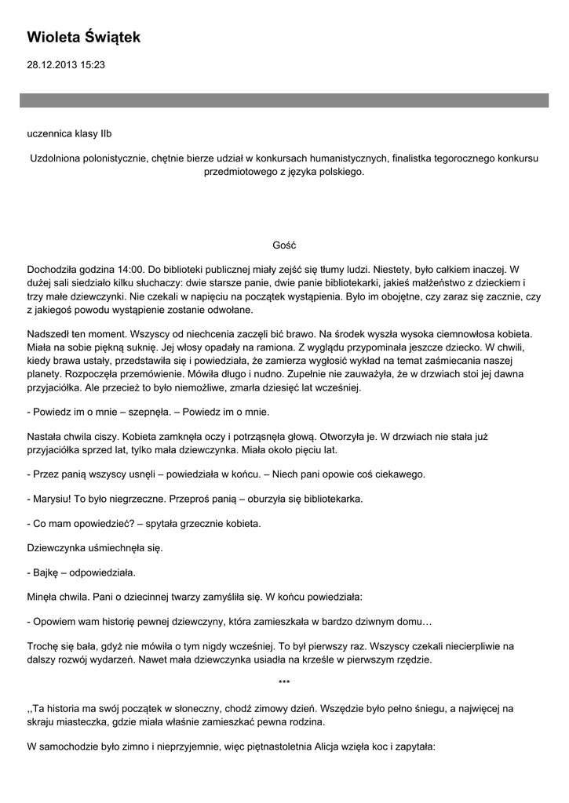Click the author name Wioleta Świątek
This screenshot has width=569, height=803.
83,38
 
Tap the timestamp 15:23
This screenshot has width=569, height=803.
91,66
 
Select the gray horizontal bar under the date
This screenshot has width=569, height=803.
284,100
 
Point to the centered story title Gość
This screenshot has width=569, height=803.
284,245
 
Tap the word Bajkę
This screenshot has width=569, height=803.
49,572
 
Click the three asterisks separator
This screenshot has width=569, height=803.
284,683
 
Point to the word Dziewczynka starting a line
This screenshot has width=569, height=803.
59,547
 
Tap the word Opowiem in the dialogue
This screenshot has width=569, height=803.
54,621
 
